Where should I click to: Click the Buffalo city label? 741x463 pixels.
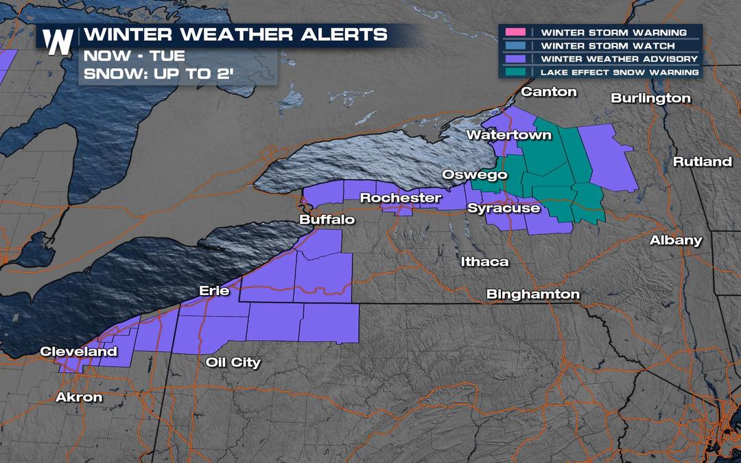(327, 220)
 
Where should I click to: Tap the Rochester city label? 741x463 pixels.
(401, 198)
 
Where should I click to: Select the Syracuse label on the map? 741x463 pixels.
(504, 208)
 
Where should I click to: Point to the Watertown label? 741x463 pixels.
(508, 135)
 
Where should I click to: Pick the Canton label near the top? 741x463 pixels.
(549, 92)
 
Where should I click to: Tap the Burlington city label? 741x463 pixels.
(650, 98)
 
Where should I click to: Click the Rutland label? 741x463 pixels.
(702, 162)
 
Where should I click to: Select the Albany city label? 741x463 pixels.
(676, 240)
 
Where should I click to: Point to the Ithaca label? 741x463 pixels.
(484, 262)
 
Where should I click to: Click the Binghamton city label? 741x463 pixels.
(532, 294)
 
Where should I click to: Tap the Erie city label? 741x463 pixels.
(213, 291)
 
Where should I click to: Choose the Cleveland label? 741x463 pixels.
(78, 352)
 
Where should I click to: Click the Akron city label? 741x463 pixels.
(78, 397)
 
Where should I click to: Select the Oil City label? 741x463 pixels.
(233, 362)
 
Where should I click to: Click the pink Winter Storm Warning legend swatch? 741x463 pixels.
(515, 32)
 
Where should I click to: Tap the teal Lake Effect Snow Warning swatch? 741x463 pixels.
(515, 71)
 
